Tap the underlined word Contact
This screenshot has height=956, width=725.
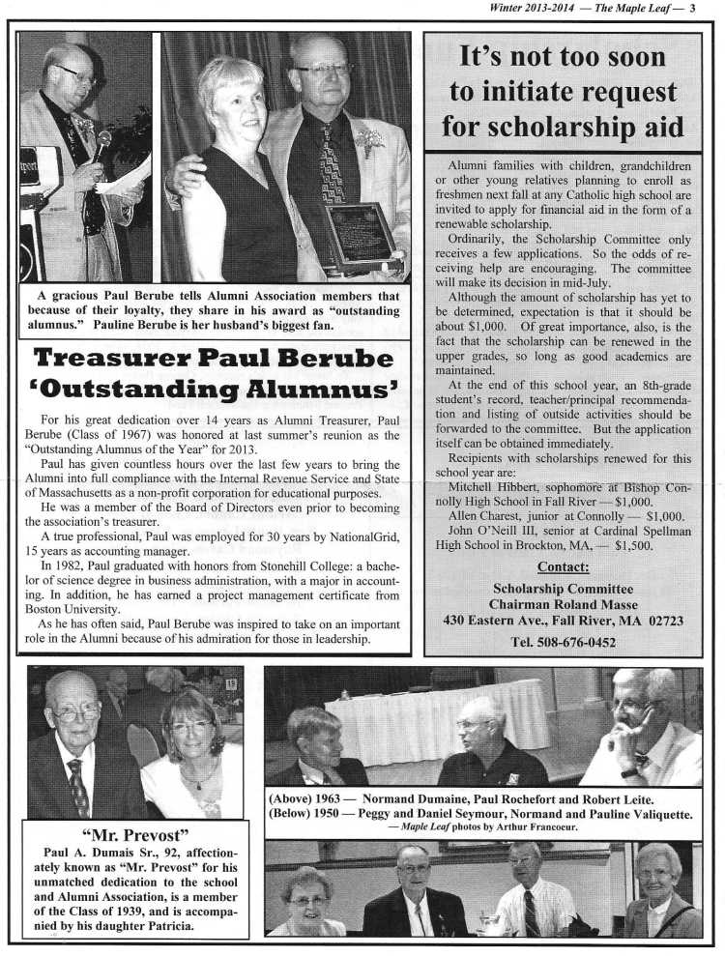(563, 566)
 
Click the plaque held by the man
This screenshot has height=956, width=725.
(360, 237)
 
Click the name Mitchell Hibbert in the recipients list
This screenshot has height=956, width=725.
(493, 487)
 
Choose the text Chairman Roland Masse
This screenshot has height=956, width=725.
(563, 603)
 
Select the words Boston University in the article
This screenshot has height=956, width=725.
(85, 610)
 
